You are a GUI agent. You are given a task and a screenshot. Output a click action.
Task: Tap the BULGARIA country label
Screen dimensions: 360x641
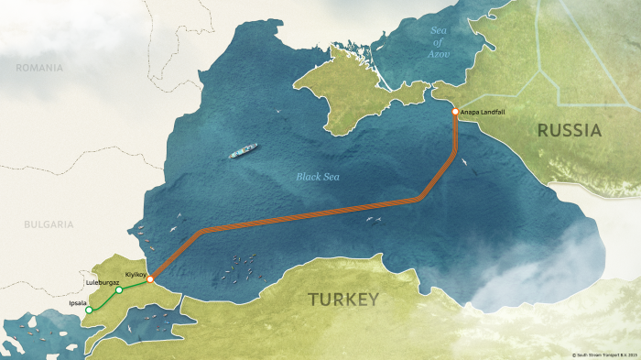[x=49, y=224]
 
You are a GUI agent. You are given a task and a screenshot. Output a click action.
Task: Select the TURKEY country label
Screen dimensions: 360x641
[x=342, y=300]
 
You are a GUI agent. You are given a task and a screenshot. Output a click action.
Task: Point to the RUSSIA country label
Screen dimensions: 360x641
[x=569, y=131]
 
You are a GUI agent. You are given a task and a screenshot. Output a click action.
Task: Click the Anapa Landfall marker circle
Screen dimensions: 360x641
[x=455, y=113]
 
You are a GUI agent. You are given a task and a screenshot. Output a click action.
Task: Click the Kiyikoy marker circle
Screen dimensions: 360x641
[x=150, y=278]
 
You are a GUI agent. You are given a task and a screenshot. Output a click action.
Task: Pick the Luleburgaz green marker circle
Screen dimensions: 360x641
[x=119, y=290]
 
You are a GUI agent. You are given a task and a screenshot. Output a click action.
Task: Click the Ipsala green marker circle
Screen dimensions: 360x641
[x=89, y=311]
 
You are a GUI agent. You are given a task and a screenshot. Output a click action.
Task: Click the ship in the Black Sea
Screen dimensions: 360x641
[x=244, y=150]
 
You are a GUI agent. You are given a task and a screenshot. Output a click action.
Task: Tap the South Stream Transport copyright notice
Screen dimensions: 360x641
[x=603, y=354]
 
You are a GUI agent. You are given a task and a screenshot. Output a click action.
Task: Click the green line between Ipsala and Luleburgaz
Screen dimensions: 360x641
[x=103, y=300]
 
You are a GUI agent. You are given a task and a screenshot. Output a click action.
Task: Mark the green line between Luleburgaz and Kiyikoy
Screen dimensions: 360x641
[x=135, y=285]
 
